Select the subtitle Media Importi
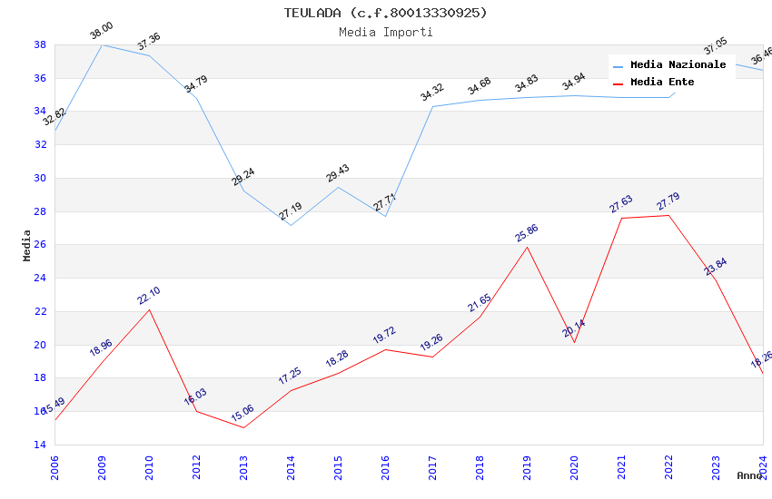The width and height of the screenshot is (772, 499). pos(385,32)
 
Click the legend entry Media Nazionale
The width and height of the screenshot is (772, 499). pos(678,65)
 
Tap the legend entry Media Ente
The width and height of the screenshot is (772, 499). pos(662,83)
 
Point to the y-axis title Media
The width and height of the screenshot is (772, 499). pos(27,245)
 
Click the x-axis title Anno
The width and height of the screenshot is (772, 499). pos(749,475)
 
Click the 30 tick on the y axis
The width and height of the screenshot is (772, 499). pos(41,178)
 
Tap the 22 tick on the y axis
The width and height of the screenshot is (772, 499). pos(41,311)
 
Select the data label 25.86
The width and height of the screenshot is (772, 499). pos(526,233)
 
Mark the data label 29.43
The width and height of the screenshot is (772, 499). pos(338,173)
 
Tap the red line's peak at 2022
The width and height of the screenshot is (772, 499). pos(668,215)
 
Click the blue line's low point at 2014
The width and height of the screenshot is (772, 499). pos(291,225)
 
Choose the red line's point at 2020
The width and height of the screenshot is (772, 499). pos(574,342)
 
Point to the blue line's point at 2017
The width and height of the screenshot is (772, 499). pos(432,107)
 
